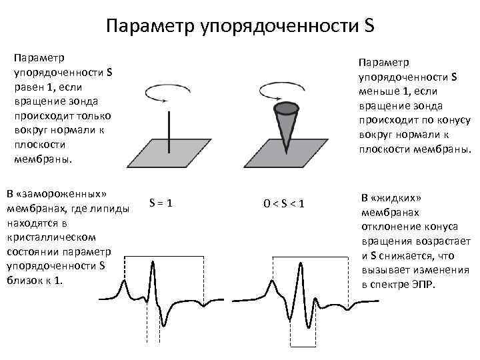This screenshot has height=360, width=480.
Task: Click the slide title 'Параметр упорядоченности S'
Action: pos(240,26)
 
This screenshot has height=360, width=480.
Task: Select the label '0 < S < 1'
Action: pos(283,203)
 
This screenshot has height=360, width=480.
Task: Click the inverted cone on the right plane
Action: pos(287,127)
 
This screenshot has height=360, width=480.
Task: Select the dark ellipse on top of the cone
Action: pos(287,107)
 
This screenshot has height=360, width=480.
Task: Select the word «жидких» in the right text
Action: pos(396,198)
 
